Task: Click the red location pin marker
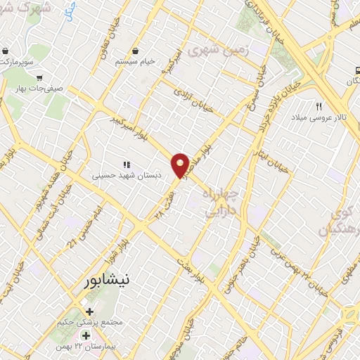(181, 165)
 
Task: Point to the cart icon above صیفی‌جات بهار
(40, 78)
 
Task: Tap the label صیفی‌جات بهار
(43, 89)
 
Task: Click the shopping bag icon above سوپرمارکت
(6, 51)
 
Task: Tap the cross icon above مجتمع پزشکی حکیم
(89, 311)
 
